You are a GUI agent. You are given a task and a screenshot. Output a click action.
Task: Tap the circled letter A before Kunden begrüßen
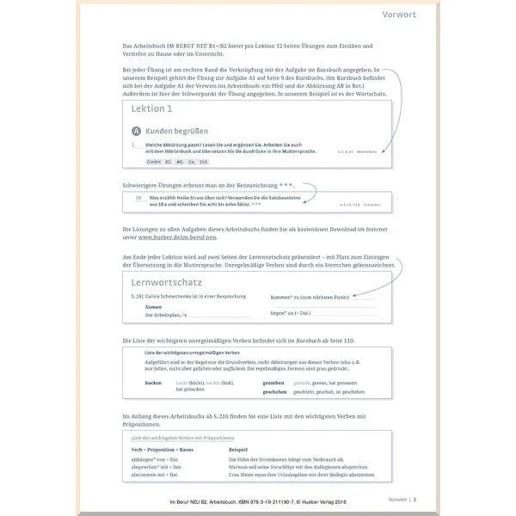[x=136, y=130]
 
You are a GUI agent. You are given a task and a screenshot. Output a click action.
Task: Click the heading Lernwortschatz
[x=178, y=282]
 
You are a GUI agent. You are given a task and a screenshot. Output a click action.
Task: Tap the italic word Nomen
[x=153, y=307]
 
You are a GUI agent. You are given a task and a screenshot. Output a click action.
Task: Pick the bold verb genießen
[x=273, y=381]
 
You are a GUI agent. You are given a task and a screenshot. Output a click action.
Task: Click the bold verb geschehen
[x=274, y=390]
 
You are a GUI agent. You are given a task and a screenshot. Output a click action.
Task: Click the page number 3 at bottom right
[x=415, y=499]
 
